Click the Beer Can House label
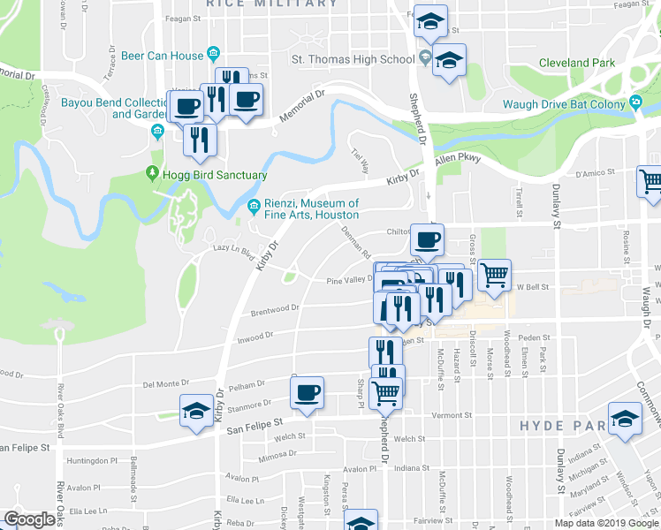pos(169,56)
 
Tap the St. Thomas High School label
pos(353,59)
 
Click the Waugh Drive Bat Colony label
pos(564,103)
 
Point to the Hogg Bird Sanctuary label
pos(215,175)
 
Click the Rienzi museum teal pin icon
pos(252,208)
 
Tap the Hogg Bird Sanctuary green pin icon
pos(152,175)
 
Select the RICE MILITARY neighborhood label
pos(271,4)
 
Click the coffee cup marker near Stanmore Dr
pos(307,392)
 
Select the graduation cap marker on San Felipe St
pos(196,412)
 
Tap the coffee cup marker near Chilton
pos(428,239)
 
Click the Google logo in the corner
pos(28,519)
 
